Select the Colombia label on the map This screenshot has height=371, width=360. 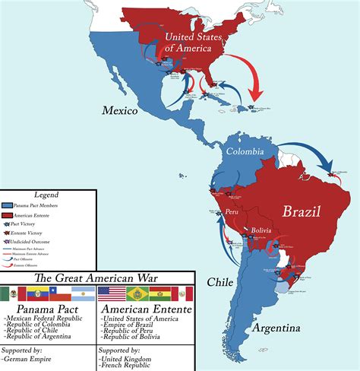click(244, 151)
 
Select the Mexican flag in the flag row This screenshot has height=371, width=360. click(12, 293)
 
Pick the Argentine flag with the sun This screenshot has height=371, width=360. click(84, 293)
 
